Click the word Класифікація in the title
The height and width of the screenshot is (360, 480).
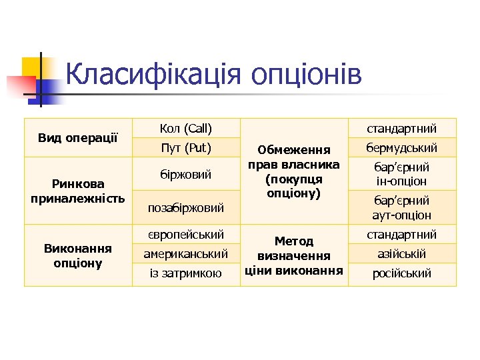pos(154,75)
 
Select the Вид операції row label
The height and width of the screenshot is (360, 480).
pos(78,137)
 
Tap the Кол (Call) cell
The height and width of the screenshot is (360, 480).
pos(186,128)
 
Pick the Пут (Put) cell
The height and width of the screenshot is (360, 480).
pos(186,147)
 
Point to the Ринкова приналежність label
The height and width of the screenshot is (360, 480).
pos(78,191)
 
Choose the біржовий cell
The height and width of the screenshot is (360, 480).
pos(186,174)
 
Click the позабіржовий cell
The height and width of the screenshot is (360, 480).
pos(186,208)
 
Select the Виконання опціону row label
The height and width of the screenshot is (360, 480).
pos(78,255)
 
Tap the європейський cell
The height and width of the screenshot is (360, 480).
pos(186,235)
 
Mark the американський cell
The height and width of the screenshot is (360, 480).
pos(186,254)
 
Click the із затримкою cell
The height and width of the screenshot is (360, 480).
pos(186,273)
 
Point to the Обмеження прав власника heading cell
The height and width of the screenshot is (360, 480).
pos(294,171)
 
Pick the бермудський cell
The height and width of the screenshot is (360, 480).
pos(402,147)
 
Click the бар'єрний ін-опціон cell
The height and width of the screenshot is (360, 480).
pos(402,174)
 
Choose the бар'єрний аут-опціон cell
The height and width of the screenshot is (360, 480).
pos(402,208)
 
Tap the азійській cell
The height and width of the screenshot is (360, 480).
pos(402,254)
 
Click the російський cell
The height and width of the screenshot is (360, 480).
pos(402,273)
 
